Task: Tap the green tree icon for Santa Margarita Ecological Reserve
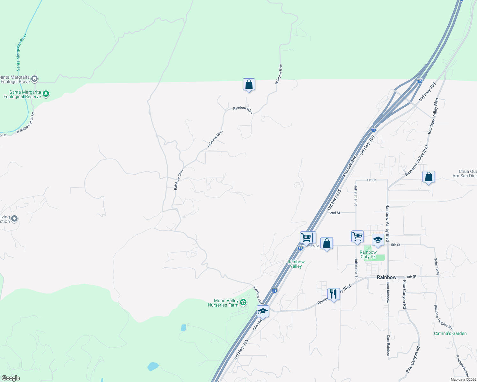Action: click(x=46, y=94)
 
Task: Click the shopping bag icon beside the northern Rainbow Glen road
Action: click(x=249, y=85)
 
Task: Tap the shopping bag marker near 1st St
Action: click(x=429, y=177)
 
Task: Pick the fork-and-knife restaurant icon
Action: click(x=333, y=294)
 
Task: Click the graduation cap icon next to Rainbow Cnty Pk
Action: click(x=378, y=240)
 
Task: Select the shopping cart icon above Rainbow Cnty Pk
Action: click(x=357, y=237)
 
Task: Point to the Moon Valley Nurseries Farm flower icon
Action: click(x=243, y=302)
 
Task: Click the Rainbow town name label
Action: click(x=386, y=277)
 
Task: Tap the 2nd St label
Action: click(x=335, y=213)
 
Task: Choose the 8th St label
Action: click(x=411, y=277)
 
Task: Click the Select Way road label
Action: click(x=437, y=266)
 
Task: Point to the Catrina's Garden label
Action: click(x=450, y=333)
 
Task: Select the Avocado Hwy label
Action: click(x=350, y=166)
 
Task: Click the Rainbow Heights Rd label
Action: click(x=443, y=317)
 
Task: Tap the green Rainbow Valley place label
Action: click(x=296, y=264)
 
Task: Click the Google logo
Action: click(x=11, y=378)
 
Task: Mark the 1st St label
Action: click(x=371, y=180)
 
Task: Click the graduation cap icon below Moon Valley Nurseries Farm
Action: click(x=263, y=311)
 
